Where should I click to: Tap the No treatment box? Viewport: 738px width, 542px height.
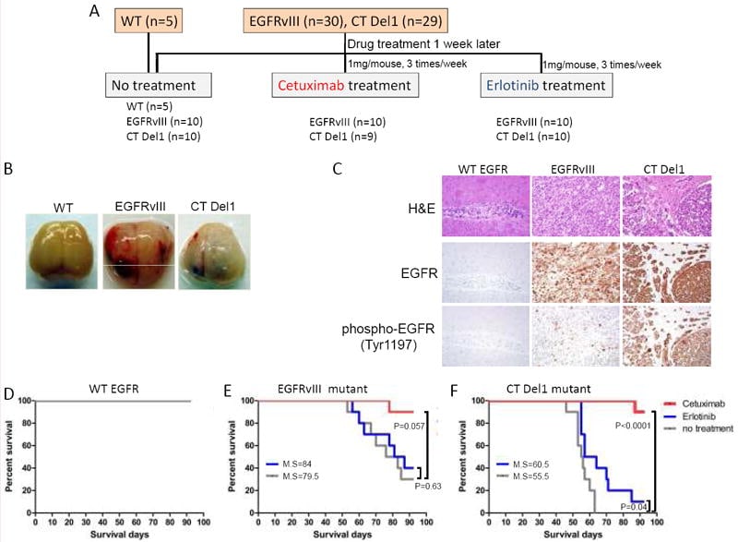(x=159, y=86)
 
